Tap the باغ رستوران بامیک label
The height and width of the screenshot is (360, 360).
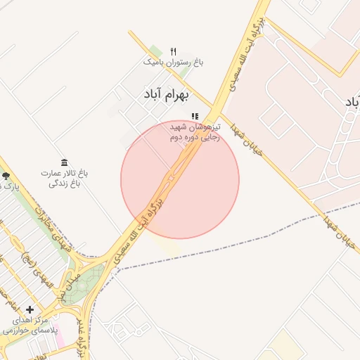click(174, 63)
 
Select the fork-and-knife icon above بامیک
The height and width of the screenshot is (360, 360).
click(173, 51)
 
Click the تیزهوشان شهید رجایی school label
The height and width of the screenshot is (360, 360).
click(195, 132)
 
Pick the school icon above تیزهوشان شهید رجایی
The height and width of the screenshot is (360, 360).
click(195, 116)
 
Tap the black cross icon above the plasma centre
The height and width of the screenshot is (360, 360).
click(30, 309)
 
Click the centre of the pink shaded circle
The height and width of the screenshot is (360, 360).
click(180, 179)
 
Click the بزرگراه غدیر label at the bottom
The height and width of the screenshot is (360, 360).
click(82, 345)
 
